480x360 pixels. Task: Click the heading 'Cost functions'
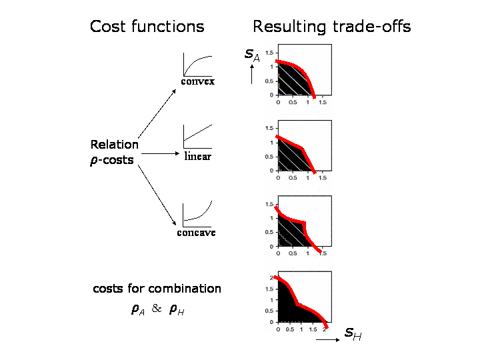tap(147, 26)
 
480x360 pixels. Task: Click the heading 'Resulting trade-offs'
tap(332, 27)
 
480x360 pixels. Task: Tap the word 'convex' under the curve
tap(198, 81)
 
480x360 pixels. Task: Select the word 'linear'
tap(198, 156)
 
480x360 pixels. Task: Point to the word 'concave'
tap(196, 233)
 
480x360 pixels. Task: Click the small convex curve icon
tap(197, 65)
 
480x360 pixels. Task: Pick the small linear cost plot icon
tap(197, 137)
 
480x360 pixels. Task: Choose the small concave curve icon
tap(197, 214)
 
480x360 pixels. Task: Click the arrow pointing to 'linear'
tap(160, 153)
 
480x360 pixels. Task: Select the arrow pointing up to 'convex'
tap(157, 113)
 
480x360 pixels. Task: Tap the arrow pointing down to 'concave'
tap(157, 195)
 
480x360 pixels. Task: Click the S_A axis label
tap(252, 55)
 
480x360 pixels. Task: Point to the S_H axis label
tap(353, 334)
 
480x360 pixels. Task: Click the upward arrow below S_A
tap(251, 74)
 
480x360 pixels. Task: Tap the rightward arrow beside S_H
tap(327, 339)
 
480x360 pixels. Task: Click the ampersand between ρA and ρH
tap(157, 308)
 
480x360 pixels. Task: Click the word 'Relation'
tap(115, 145)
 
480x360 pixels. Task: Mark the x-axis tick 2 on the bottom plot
tap(324, 330)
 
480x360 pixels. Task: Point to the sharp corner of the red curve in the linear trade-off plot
tap(302, 149)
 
